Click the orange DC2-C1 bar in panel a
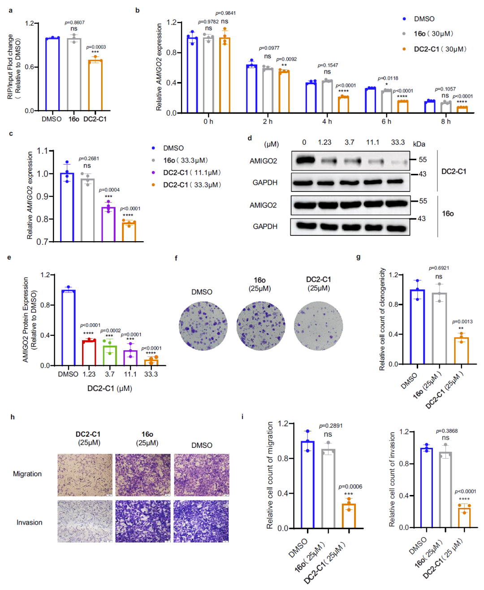[95, 85]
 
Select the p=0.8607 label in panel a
[74, 22]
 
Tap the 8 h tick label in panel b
[445, 121]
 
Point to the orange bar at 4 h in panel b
[343, 104]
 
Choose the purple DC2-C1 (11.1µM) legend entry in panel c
[192, 173]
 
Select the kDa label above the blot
[419, 144]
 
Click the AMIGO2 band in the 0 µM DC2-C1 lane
[306, 160]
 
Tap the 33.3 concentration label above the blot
[398, 142]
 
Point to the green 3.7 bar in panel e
[110, 356]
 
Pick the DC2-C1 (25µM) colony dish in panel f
[318, 326]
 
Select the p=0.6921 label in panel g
[439, 268]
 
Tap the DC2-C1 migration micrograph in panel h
[85, 475]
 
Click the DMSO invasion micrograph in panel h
[201, 521]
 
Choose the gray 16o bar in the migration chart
[328, 488]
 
